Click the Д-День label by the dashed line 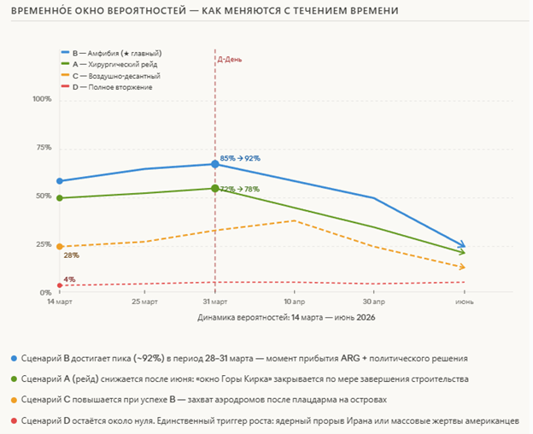(x=230, y=59)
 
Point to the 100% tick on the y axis (x=42, y=99)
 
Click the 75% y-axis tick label (x=44, y=148)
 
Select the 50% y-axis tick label (x=44, y=196)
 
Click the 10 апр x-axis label (x=294, y=302)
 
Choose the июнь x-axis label (x=465, y=302)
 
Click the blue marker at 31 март (x=214, y=164)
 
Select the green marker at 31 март (x=214, y=188)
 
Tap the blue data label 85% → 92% (x=240, y=158)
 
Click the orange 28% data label (x=71, y=255)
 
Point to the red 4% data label (x=69, y=279)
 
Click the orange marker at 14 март (x=58, y=247)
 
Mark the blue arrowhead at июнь (x=462, y=246)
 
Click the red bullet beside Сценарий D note (x=14, y=419)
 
